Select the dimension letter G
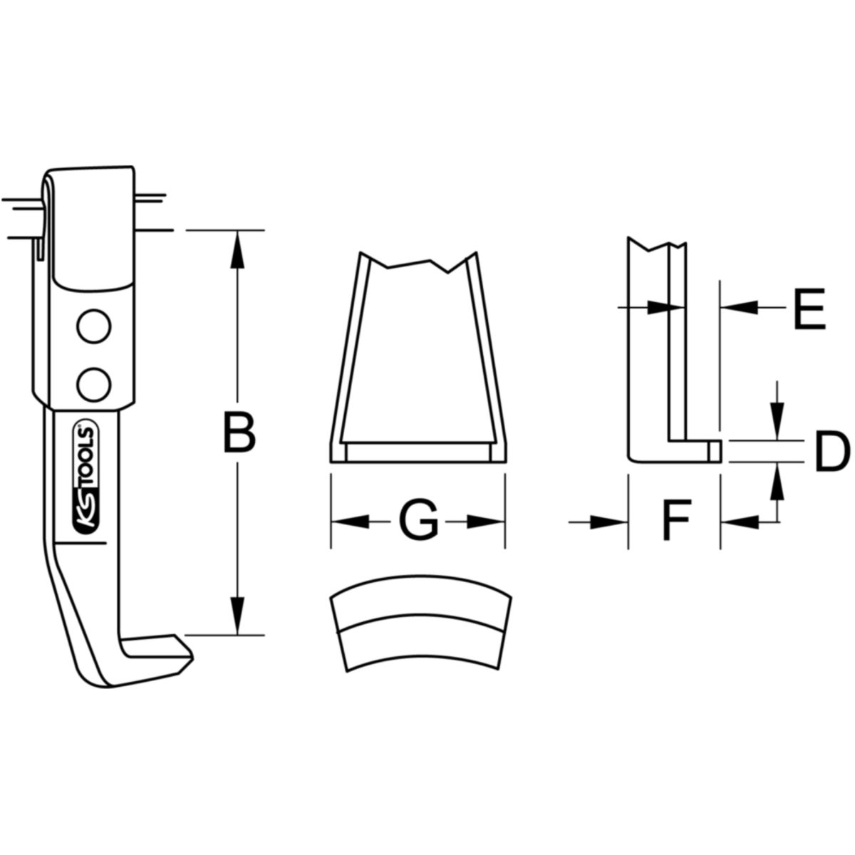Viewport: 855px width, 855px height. [418, 522]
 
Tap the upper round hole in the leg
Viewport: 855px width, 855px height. [93, 328]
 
